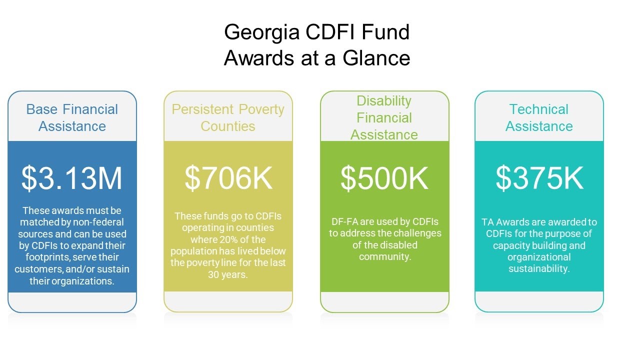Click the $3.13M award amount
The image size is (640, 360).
(72, 178)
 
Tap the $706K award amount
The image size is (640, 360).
(228, 178)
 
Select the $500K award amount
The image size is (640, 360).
(384, 178)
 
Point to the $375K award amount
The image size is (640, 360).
(539, 178)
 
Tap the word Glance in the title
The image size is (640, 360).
(376, 58)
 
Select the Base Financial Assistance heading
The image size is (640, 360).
(72, 117)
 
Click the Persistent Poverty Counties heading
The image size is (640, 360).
(228, 117)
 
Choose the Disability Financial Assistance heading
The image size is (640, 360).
(384, 117)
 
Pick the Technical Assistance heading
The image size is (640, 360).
(539, 117)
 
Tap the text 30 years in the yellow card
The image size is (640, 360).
(227, 274)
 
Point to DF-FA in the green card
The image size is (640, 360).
(344, 221)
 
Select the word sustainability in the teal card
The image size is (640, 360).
(539, 269)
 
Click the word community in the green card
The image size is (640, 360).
(385, 257)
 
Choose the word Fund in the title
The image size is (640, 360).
(385, 31)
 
